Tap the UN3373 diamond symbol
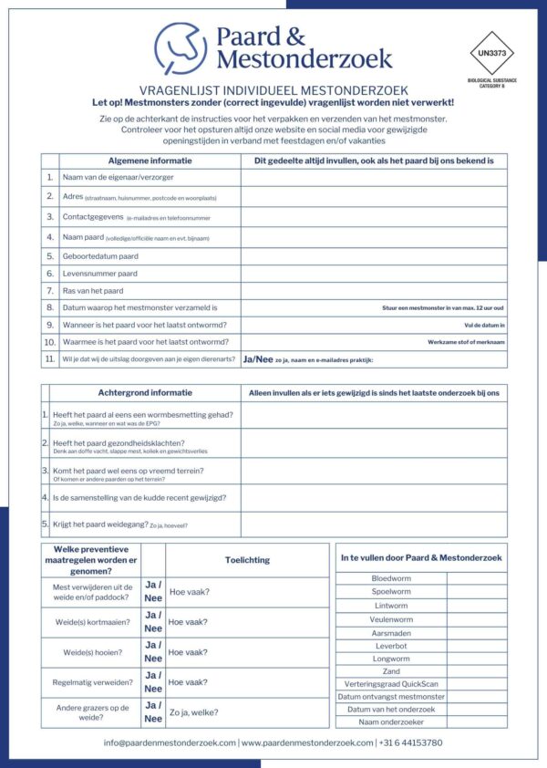coord(491,54)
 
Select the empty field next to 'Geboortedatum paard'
coord(374,256)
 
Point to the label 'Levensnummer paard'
coord(100,274)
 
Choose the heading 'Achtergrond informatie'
coord(145,393)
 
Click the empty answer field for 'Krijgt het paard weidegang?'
coord(374,524)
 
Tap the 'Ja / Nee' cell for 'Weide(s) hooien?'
coord(153,652)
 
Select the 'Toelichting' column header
coord(247,560)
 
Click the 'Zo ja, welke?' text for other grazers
coord(194,712)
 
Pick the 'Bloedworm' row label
coord(391,578)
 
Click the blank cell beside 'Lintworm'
coord(477,606)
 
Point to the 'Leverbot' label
coord(391,646)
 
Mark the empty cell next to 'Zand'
coord(477,671)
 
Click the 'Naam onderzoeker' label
coord(391,721)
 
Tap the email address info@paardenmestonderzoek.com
coord(170,742)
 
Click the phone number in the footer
coord(411,742)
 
